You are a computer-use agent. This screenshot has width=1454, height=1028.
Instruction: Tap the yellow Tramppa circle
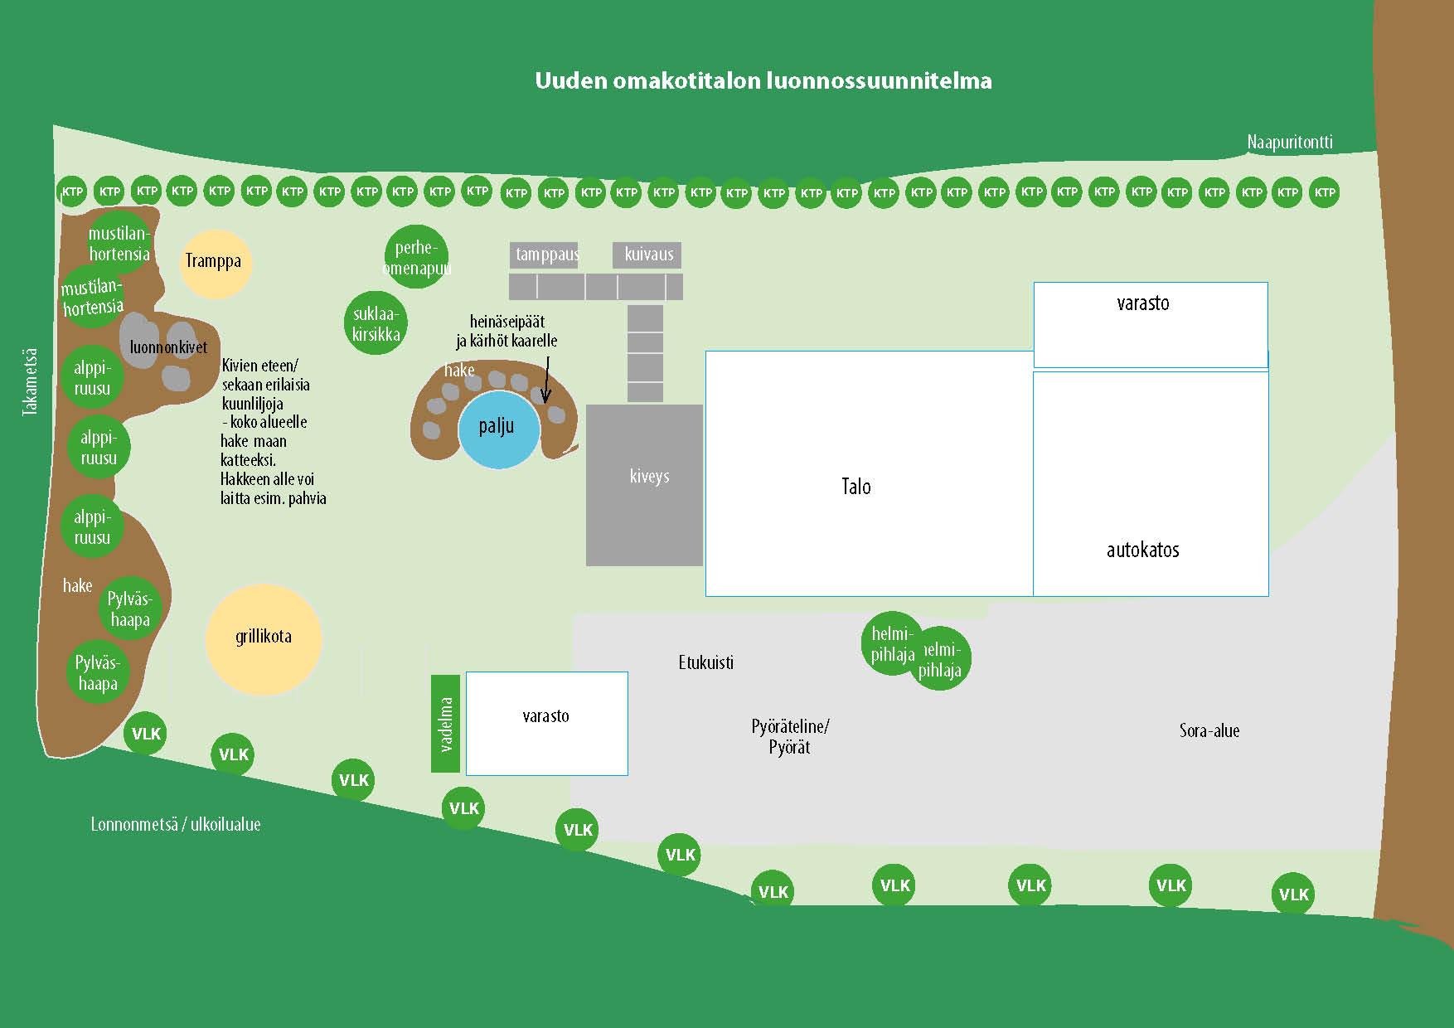pos(215,263)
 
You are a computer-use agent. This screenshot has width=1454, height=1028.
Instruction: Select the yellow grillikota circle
pos(264,638)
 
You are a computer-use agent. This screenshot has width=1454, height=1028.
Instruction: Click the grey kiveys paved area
pos(644,485)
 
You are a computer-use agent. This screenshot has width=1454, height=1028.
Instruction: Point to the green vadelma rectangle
pos(445,723)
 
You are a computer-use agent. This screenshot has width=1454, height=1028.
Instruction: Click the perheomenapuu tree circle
pos(416,257)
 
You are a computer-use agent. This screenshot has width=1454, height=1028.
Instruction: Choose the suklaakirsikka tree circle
pos(376,323)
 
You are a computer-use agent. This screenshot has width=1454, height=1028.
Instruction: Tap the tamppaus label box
pos(544,255)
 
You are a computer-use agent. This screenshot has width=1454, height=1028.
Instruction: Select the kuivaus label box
pos(647,255)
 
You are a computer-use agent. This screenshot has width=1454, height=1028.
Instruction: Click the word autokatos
pos(1142,550)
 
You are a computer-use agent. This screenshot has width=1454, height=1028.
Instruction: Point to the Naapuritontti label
pos(1290,143)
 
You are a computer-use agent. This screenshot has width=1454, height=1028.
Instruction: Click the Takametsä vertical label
pos(30,381)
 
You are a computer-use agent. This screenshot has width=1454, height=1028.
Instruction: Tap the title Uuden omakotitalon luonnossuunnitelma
pos(763,80)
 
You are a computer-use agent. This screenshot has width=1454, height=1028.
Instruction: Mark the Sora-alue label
pos(1209,730)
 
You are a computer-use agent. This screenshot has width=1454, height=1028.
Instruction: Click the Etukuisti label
pos(705,662)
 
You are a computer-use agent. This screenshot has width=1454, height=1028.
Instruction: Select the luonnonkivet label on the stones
pos(168,347)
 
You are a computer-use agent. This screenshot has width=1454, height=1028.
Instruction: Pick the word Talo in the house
pos(855,487)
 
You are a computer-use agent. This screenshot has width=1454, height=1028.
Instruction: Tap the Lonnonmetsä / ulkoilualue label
pos(176,824)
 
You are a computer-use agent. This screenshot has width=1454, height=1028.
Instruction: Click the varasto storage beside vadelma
pos(546,723)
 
